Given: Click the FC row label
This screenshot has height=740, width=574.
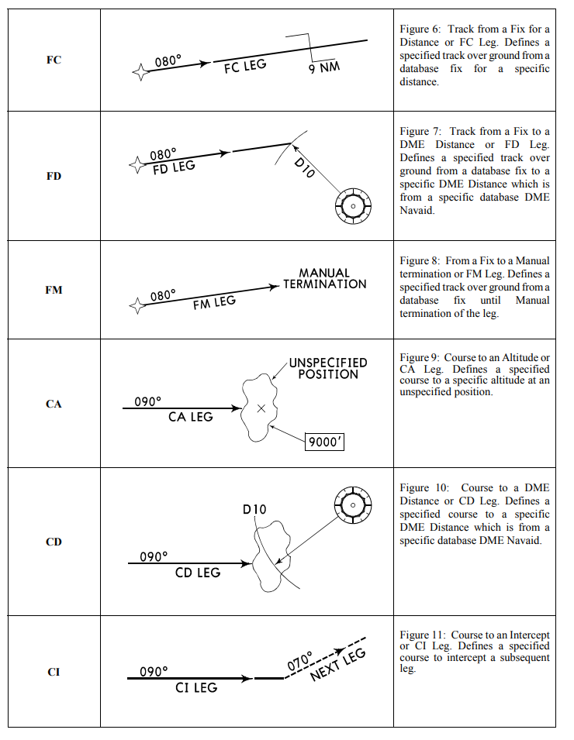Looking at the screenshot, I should [x=54, y=60].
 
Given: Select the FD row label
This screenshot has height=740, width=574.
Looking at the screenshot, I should [x=54, y=176].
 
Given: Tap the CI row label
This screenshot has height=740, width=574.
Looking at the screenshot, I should [x=54, y=672].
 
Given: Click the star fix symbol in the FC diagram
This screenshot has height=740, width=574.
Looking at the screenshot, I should [x=140, y=73].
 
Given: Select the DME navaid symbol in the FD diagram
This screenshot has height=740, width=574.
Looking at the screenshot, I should [x=351, y=205].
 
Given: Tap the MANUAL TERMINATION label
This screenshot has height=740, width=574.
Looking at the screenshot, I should [x=324, y=279].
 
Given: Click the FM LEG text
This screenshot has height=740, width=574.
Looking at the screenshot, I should [x=214, y=301].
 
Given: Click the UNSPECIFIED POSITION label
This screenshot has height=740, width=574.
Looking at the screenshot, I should [x=328, y=368].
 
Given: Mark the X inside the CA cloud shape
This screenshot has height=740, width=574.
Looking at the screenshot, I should [x=261, y=408].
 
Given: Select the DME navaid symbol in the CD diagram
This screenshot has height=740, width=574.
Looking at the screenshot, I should [x=352, y=505].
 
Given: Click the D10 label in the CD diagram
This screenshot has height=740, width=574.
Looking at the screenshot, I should [x=254, y=509].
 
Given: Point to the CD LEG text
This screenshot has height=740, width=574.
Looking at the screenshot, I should [x=198, y=573].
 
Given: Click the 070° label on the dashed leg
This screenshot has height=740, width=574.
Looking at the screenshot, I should [x=299, y=660].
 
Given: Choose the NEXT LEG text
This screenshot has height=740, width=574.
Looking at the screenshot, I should [x=337, y=665].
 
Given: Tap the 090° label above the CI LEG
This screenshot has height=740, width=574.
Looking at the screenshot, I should [x=154, y=671].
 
